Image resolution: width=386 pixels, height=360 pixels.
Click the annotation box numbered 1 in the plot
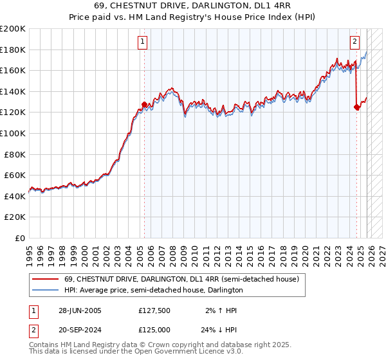point(142,42)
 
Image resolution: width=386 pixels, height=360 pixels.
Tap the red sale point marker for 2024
point(356,107)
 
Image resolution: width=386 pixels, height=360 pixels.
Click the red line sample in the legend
point(46,280)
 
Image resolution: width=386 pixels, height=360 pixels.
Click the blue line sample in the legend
point(46,291)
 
